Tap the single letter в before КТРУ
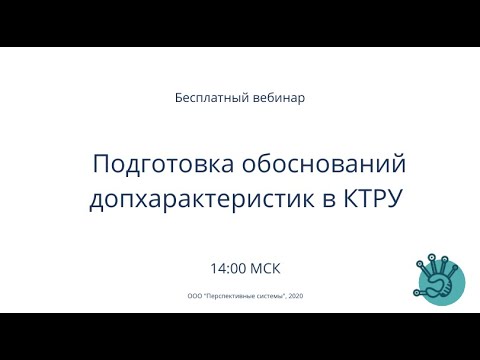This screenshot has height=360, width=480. [329, 199]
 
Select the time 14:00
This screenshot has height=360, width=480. [228, 269]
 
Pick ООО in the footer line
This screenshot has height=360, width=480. [194, 296]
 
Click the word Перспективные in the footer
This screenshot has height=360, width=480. [229, 296]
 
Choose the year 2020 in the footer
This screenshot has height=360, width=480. [297, 296]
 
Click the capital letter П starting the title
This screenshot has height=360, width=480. [101, 163]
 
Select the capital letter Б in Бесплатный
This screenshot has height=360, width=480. [179, 99]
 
